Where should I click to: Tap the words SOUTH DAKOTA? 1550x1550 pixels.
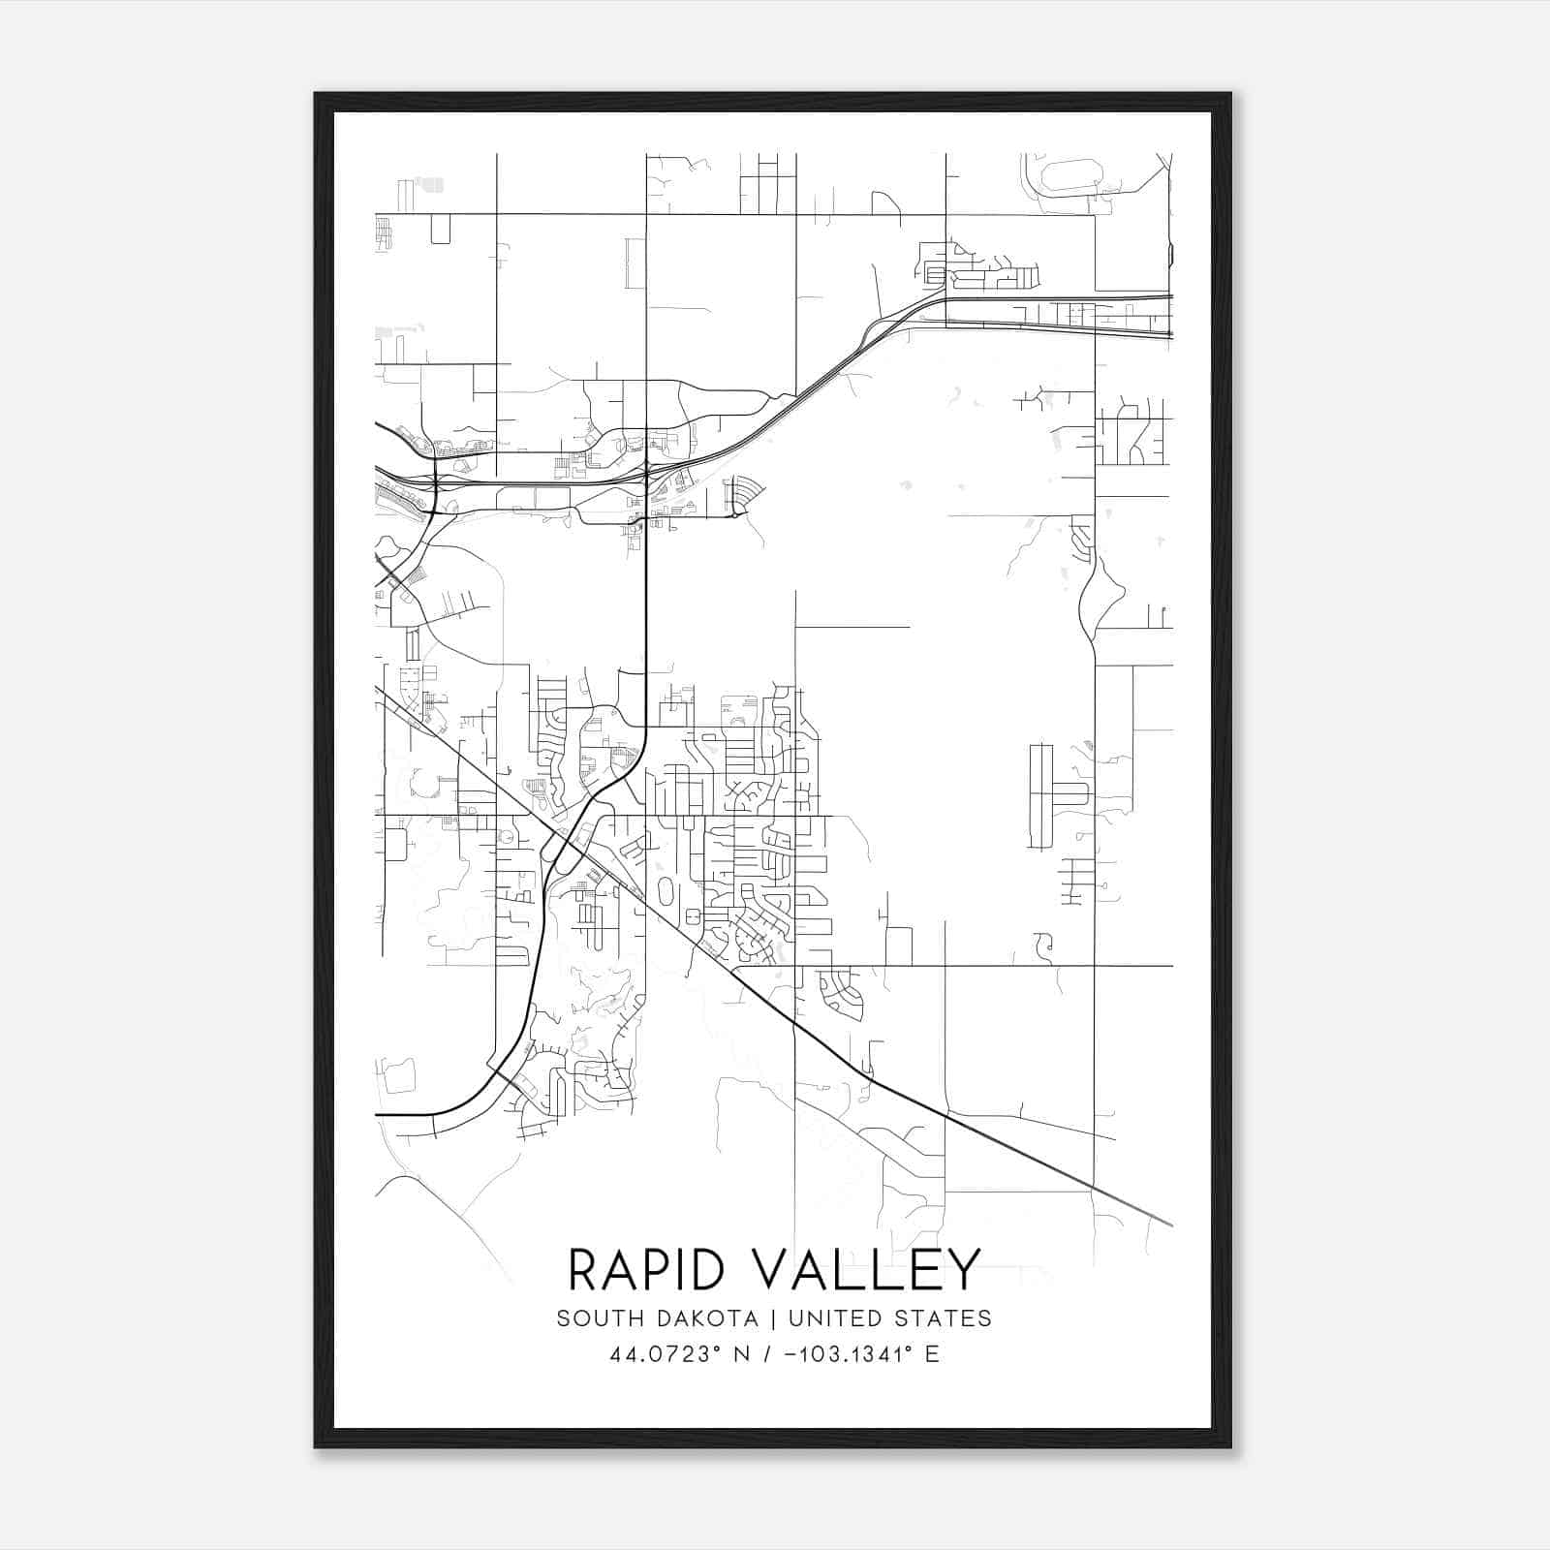657,1318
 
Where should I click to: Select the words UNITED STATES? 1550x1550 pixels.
890,1318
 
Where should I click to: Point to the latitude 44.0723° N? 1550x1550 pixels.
680,1354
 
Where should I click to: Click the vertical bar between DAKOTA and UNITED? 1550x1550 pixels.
773,1318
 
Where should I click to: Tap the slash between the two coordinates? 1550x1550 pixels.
767,1354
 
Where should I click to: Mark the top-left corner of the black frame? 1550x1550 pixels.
317,95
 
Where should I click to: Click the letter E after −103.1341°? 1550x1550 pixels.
932,1354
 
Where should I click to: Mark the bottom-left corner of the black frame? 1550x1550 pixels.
317,1445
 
